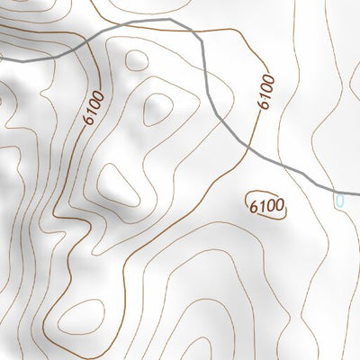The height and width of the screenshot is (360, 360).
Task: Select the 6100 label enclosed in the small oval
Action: click(266, 206)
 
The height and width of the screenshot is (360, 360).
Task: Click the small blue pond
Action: click(339, 200)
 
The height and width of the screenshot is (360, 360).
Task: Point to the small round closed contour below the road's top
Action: click(136, 60)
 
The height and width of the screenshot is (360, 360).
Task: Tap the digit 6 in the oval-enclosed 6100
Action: click(255, 204)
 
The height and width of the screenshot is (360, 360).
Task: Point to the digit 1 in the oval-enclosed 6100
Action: click(262, 205)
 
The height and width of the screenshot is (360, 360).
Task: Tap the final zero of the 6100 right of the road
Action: click(269, 76)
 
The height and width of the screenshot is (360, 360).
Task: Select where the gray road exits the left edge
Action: click(1, 56)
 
